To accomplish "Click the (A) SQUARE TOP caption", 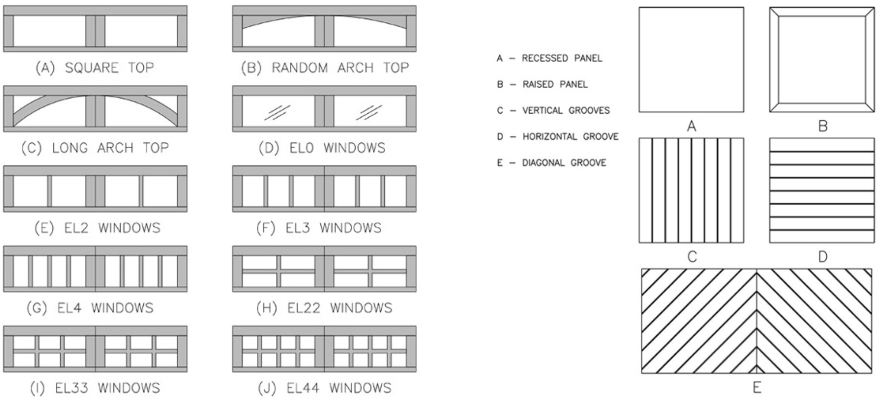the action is coord(95,68).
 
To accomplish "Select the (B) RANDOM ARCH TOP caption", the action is coord(325,68).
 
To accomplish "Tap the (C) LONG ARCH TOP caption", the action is coord(95,148).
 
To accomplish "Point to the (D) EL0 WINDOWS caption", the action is coord(322,148).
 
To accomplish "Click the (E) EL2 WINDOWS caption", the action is coord(97,228).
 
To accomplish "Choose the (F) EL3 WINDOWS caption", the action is coord(319,228).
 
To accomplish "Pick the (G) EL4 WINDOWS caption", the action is coord(90,308).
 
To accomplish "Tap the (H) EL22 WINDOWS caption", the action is coord(324,308).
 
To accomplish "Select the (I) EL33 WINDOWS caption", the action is coord(95,388).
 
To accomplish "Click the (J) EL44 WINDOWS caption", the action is coord(325,388).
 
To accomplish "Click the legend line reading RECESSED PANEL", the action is coord(549,58).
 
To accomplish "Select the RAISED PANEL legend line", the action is coord(542,84).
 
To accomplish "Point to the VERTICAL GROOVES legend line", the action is coord(553,111).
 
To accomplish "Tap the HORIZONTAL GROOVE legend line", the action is coord(558,137).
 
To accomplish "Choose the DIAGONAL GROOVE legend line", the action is coord(551,163).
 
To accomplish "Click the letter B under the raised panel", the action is coord(822,126).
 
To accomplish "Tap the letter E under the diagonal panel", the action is coord(757,388).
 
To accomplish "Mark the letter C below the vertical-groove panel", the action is coord(692,257).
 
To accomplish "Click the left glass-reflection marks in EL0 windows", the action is coord(277,113).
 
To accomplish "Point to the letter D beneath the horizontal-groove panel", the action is coord(822,257).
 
